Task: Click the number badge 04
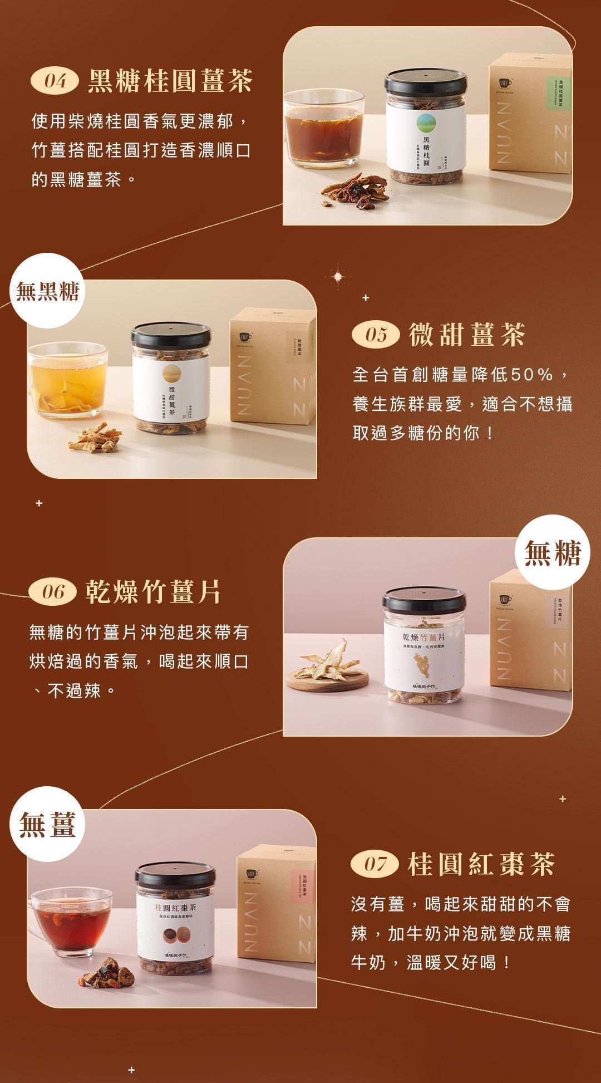[x=55, y=82]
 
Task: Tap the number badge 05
[x=376, y=335]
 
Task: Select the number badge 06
[x=53, y=591]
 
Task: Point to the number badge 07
[x=375, y=864]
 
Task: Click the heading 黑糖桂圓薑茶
[x=170, y=81]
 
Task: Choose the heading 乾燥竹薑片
[x=153, y=591]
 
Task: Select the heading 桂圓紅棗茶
[x=481, y=864]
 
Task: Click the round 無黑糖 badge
[x=48, y=291]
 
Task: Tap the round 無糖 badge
[x=552, y=552]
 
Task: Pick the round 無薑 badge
[x=48, y=824]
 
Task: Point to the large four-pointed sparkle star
[x=338, y=276]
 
